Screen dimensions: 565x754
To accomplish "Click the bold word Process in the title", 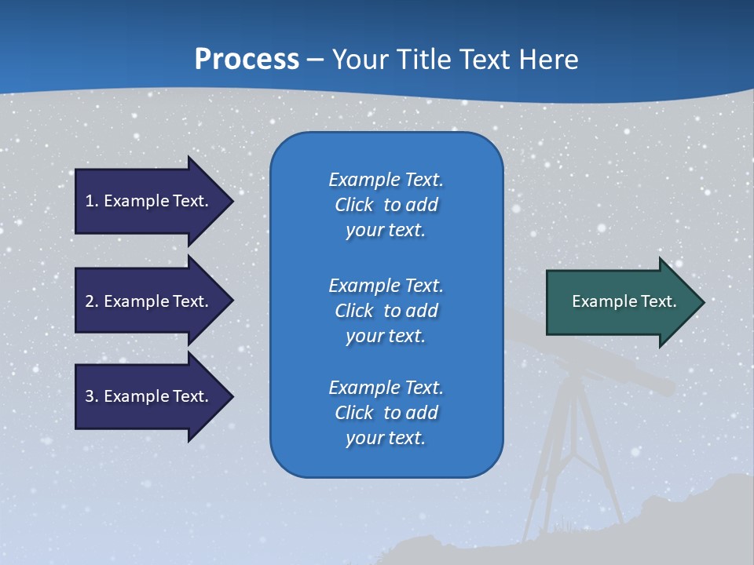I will pos(247,60).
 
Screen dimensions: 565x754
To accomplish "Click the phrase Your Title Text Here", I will pos(455,60).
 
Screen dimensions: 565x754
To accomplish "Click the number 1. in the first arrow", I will pos(91,201).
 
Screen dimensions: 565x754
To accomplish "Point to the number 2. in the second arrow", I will pos(91,301).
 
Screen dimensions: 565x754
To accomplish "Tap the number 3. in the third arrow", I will pos(91,396).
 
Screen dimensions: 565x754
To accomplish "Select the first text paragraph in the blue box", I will pos(386,205).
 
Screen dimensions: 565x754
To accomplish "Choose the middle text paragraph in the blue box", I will pos(386,311).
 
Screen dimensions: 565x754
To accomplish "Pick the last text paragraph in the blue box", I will pos(386,413).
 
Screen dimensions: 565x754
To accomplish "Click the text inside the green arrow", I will pos(624,301).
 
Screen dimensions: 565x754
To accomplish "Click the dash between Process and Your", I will pos(315,60).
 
